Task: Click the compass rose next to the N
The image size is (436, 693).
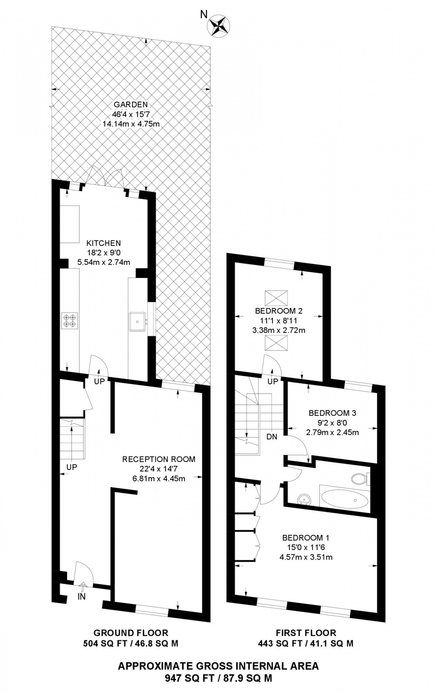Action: coord(219,26)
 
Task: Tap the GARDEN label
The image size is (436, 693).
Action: coord(131,104)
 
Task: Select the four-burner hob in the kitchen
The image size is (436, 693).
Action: coord(69,320)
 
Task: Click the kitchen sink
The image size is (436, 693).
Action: coord(138,321)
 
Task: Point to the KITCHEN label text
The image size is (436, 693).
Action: coord(104,243)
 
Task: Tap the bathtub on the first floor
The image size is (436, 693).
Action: coord(345,499)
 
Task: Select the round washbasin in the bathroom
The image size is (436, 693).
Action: coord(304,500)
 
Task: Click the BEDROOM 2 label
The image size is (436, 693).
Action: coord(279,311)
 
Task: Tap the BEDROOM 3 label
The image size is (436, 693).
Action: coord(332,413)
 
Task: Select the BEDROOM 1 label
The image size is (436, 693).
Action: coord(306,538)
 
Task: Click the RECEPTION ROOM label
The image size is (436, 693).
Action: coord(159,459)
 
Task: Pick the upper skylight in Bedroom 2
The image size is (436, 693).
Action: coord(276,298)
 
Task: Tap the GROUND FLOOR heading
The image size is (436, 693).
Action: coord(131,633)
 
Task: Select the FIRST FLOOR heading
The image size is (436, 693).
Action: coord(306,633)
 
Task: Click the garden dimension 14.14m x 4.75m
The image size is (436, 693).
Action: coord(131,124)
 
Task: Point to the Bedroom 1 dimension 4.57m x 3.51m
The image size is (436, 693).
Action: coord(306,557)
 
